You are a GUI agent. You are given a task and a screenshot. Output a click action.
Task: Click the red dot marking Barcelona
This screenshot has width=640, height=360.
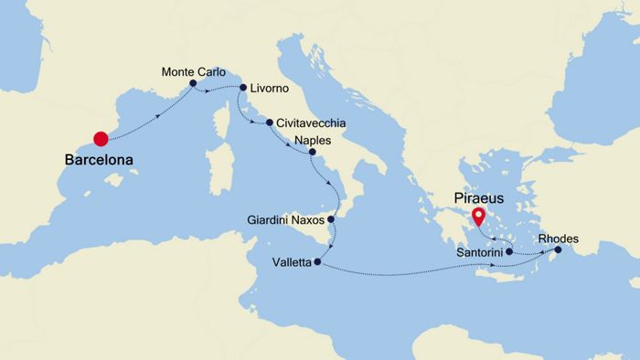coord(101,139)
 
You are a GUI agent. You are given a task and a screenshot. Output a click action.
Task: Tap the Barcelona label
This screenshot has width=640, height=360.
coord(99,160)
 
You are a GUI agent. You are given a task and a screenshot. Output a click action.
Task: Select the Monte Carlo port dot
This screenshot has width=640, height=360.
coord(194,84)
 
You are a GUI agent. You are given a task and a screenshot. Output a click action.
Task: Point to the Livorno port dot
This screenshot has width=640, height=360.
coord(242,89)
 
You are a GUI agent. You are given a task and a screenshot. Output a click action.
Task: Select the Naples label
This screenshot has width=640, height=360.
coord(314,141)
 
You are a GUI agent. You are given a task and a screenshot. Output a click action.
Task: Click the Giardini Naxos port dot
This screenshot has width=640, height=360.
coord(332,220)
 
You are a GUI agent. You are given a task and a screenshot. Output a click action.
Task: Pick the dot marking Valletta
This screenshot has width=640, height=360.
coord(317,263)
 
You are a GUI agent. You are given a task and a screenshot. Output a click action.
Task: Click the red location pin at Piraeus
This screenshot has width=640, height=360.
coord(478,217)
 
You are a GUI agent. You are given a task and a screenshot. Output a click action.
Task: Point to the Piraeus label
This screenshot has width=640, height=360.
coord(477,196)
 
